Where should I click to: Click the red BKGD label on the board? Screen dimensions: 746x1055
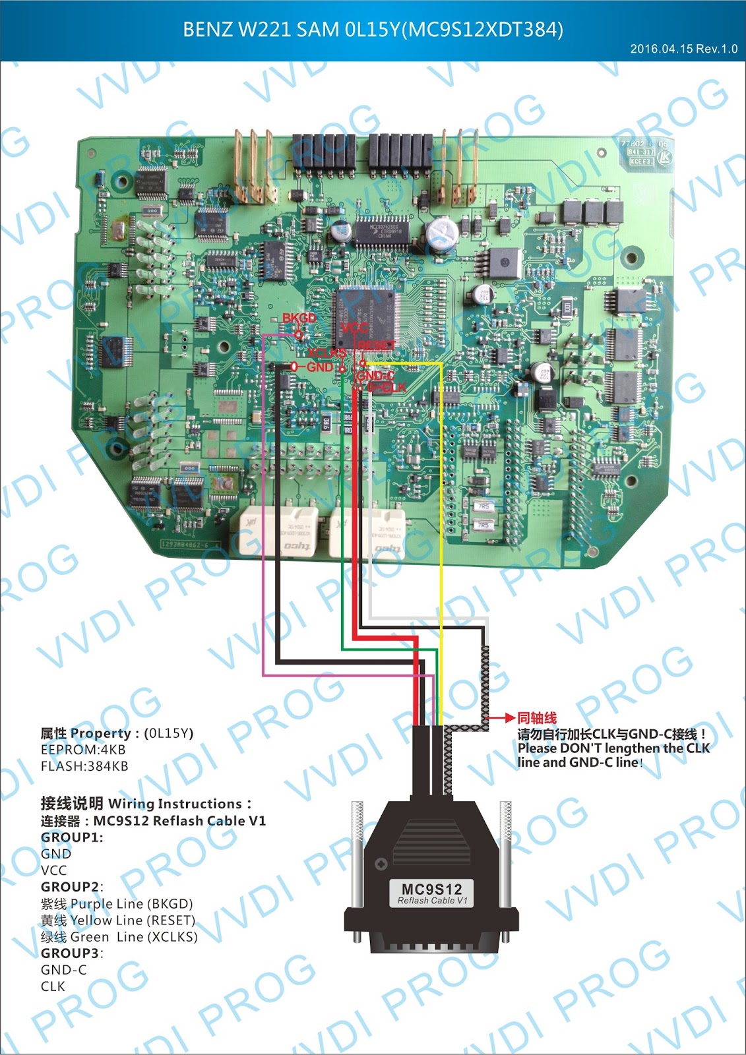click(x=299, y=318)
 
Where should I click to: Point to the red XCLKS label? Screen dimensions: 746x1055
click(x=326, y=353)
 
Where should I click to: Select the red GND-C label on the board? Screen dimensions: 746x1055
click(x=375, y=376)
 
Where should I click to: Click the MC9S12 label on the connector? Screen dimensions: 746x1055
click(x=431, y=889)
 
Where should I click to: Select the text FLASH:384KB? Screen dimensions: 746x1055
click(x=84, y=766)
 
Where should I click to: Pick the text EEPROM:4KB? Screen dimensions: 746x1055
click(x=83, y=750)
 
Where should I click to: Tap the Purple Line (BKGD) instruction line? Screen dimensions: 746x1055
click(x=117, y=904)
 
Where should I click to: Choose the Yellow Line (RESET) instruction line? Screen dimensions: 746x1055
click(x=118, y=920)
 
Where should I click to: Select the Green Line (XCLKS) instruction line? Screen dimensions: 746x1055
click(x=119, y=937)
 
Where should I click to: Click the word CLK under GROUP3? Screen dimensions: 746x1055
click(x=53, y=986)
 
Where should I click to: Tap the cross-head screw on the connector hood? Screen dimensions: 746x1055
click(x=381, y=863)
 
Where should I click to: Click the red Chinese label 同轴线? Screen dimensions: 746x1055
click(x=537, y=718)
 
